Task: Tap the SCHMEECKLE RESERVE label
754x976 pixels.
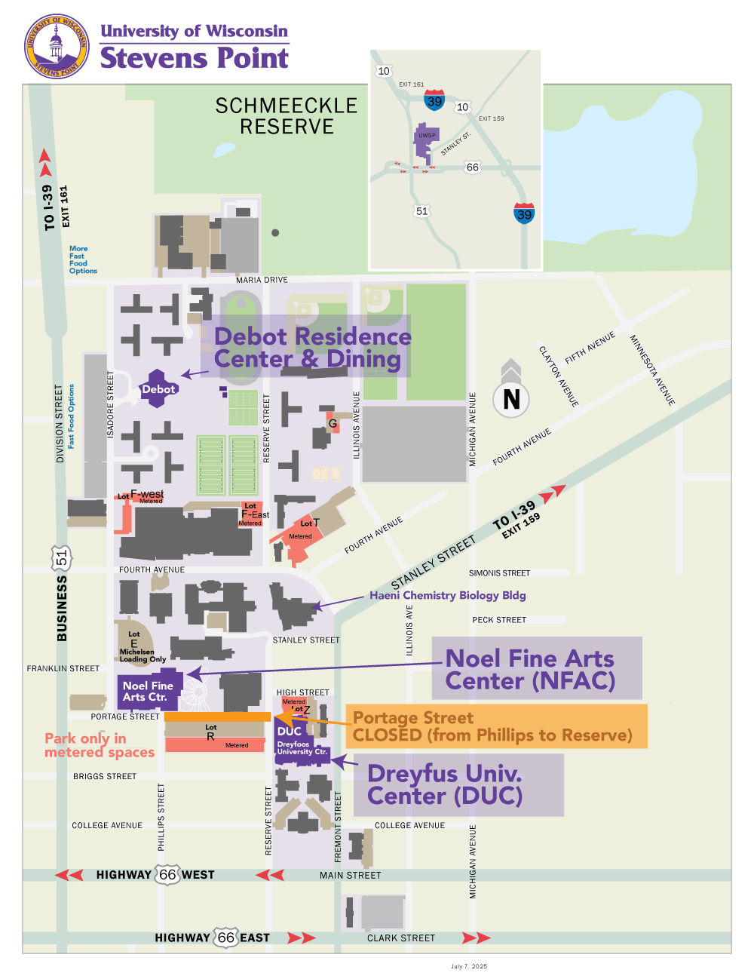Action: (287, 116)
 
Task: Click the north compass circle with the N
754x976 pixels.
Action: (511, 398)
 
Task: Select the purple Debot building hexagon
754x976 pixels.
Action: (158, 388)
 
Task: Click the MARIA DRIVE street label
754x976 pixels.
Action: (262, 280)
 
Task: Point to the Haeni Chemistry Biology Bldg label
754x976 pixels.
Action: (447, 595)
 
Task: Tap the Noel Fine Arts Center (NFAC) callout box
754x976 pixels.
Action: (536, 669)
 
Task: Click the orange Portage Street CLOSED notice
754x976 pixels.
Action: (495, 726)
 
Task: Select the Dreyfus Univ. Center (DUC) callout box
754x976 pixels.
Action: (458, 785)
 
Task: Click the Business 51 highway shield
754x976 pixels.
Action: (61, 558)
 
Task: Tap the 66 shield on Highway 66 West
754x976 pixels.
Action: (167, 874)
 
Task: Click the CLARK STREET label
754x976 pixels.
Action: (401, 938)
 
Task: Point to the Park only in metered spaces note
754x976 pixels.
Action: (99, 745)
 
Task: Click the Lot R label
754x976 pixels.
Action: (210, 732)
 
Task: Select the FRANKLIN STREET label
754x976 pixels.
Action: (63, 668)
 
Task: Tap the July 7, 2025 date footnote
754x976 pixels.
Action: (469, 966)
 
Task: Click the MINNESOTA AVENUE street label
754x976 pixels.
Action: (652, 370)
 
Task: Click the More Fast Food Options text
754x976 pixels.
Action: (82, 259)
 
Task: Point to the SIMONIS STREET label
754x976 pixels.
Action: (499, 573)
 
